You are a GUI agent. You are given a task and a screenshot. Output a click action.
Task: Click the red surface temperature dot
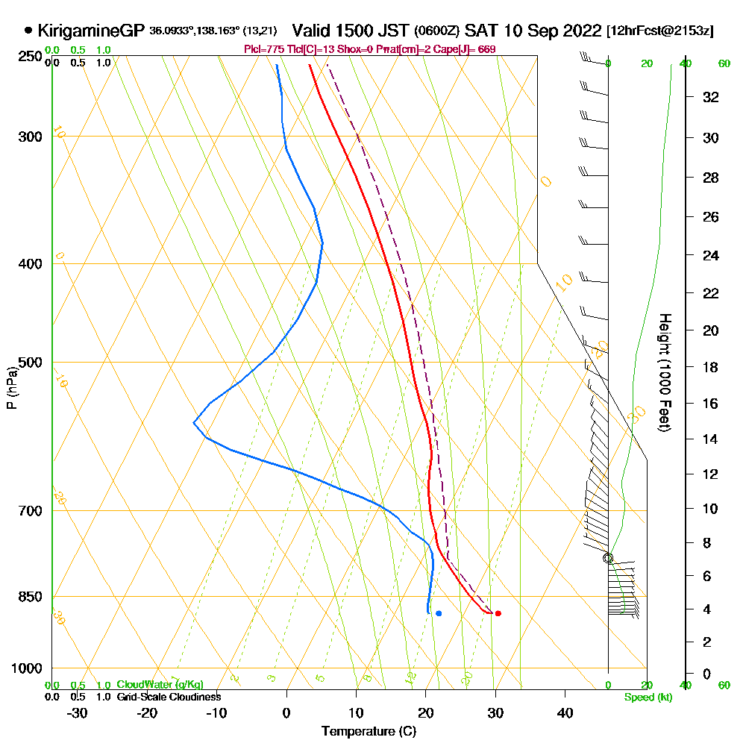pos(498,613)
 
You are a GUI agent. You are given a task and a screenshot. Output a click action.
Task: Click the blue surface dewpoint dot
pos(439,613)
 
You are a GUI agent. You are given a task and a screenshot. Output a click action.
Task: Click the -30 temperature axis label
pos(78,712)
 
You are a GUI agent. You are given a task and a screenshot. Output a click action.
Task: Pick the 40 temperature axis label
pos(565,712)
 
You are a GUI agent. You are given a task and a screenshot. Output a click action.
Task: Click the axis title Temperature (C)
pos(369,731)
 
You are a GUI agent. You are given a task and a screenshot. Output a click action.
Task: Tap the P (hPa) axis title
pos(11,387)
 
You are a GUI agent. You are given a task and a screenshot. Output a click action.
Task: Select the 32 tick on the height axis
pos(711,97)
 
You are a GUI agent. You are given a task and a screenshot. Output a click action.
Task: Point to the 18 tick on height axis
pos(711,367)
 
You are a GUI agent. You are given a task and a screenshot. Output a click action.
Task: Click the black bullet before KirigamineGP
pos(28,31)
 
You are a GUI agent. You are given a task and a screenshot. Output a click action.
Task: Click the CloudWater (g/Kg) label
pos(160,684)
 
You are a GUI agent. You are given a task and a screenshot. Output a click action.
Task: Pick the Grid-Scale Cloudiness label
pos(169,697)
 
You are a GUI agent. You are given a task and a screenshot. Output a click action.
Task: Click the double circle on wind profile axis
pos(608,558)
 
